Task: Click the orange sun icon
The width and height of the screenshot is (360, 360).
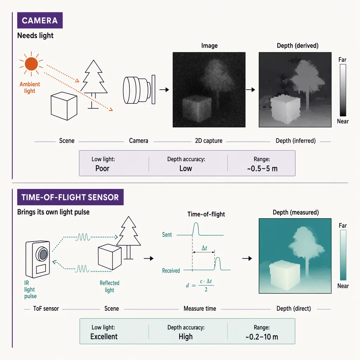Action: coord(31,64)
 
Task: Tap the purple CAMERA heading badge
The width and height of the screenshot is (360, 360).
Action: coord(40,20)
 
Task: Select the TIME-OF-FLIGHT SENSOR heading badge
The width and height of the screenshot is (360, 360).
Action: coord(70,197)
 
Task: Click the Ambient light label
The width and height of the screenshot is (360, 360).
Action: coord(30,88)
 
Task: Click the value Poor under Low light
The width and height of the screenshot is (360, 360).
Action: coord(102,168)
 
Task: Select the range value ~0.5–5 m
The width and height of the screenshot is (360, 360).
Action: coord(262,169)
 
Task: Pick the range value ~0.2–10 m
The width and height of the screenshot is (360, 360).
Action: coord(262,337)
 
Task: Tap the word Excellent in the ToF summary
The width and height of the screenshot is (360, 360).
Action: coord(104,336)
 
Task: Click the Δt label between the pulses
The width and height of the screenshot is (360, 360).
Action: coord(204,248)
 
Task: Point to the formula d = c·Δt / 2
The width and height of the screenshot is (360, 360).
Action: coord(200,285)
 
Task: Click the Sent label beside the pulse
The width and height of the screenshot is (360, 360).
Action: coord(167,234)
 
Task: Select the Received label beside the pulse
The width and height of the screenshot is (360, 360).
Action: coord(171,271)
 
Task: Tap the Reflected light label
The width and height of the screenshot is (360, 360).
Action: coord(110,287)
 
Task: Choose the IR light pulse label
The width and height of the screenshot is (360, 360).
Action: coord(30,290)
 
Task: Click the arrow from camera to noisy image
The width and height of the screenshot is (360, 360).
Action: coord(164,90)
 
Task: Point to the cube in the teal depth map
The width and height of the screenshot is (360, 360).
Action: coord(285,275)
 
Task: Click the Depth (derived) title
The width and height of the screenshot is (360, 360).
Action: coord(297,46)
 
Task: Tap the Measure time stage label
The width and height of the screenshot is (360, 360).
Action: coord(200,309)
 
